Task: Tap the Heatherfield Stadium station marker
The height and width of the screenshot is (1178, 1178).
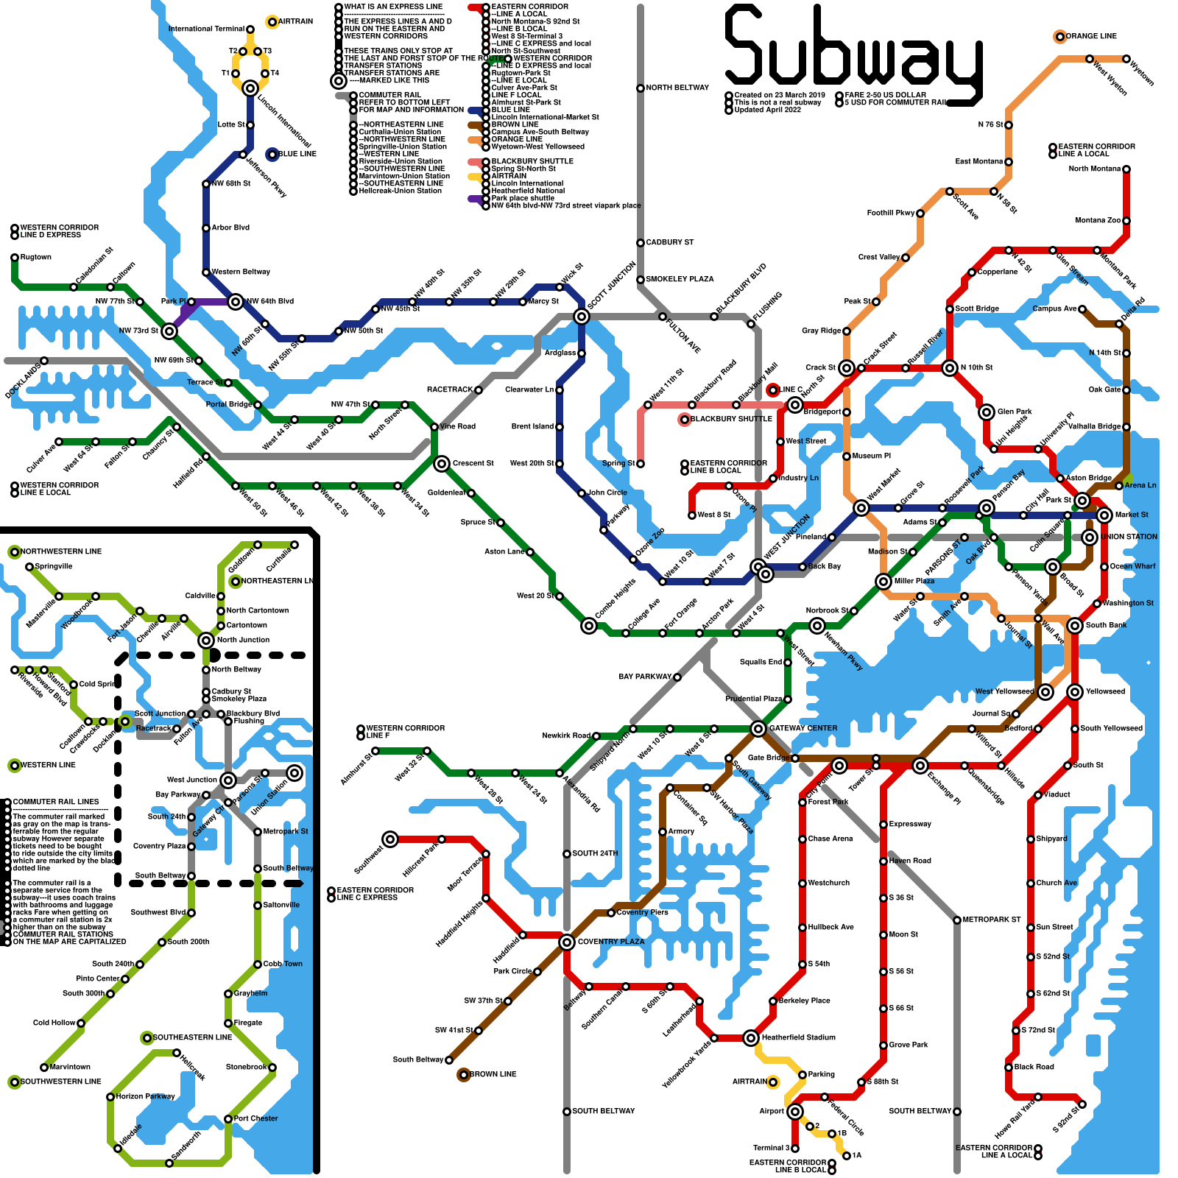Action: coord(751,1038)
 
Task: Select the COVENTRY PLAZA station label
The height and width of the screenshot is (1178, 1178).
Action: coord(610,942)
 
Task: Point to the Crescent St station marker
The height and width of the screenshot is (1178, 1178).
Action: coord(442,464)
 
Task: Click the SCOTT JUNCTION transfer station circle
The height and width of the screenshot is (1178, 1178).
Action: coord(582,317)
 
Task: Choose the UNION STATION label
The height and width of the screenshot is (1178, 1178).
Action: coord(1129,537)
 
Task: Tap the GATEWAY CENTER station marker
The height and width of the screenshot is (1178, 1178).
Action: coord(758,729)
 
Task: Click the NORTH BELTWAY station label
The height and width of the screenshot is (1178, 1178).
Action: coord(677,88)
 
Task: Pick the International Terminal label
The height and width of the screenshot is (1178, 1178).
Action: coord(206,29)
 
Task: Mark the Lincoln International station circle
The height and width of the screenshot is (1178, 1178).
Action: coord(250,88)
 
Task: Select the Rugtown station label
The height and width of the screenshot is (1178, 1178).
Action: coord(36,257)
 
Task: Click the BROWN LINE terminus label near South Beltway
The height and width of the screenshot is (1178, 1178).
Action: coord(493,1074)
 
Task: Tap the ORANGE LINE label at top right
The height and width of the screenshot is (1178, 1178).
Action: coord(1091,36)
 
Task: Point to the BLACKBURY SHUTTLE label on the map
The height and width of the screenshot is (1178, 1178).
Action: coord(731,419)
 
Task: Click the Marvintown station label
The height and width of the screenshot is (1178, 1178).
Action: coord(70,1067)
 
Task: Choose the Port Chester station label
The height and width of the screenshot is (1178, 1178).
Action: coord(255,1118)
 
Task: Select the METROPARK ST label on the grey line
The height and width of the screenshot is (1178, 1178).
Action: coord(992,920)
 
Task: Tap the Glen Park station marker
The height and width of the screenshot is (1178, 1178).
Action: coord(987,412)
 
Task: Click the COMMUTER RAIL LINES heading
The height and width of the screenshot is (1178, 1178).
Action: coord(56,802)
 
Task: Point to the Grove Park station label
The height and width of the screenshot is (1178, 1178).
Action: coord(909,1045)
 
